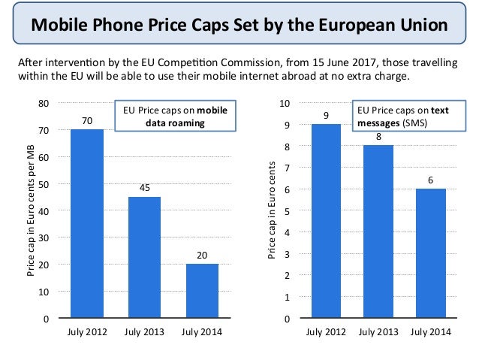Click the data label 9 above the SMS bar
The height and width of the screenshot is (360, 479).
click(x=326, y=115)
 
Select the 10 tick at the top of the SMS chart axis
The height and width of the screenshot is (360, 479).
click(x=284, y=103)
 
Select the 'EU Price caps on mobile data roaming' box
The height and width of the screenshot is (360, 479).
click(x=170, y=116)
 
